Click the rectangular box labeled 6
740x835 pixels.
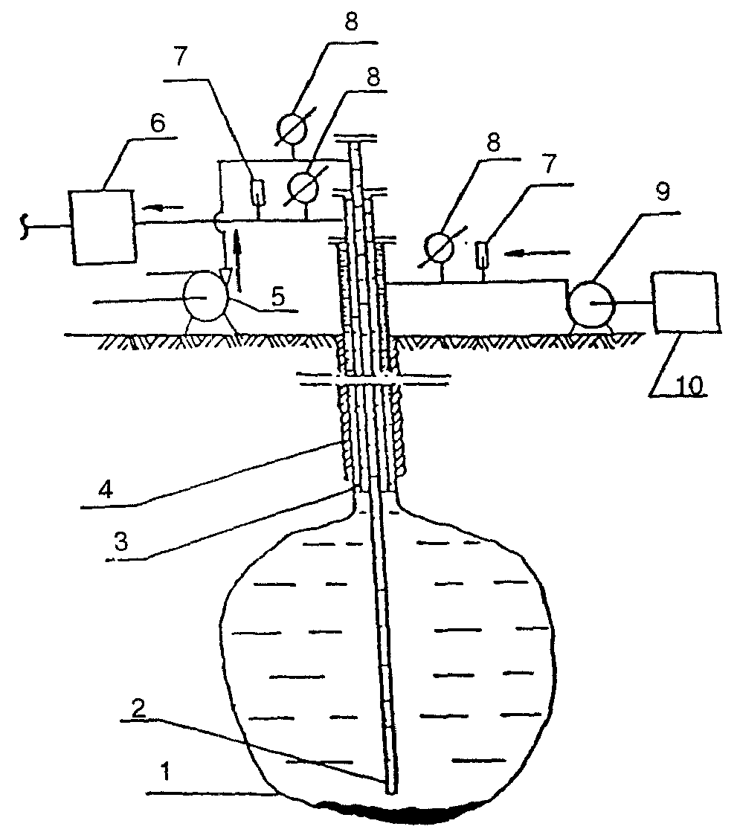103,226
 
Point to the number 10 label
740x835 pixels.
689,385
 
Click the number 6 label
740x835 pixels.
158,123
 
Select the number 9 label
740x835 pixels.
662,193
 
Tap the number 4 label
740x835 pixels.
106,489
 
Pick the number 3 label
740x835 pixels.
121,541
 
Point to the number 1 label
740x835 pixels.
166,771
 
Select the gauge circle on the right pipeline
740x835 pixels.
440,248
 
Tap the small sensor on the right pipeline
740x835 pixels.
483,254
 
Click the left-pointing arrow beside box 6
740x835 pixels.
166,207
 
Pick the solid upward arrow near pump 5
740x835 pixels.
237,265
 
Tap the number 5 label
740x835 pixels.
279,297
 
